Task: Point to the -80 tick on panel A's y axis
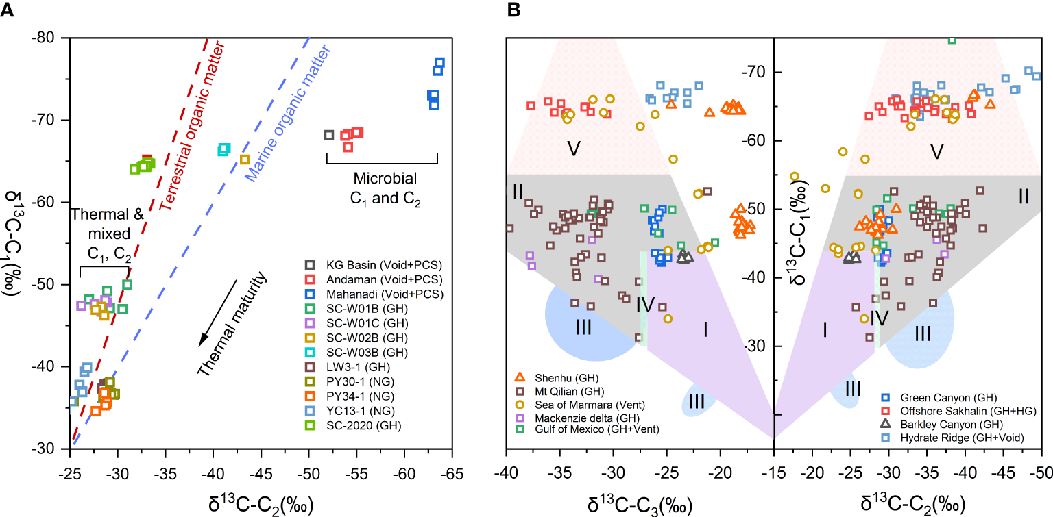pyautogui.click(x=48, y=38)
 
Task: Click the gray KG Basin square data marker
pyautogui.click(x=328, y=135)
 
